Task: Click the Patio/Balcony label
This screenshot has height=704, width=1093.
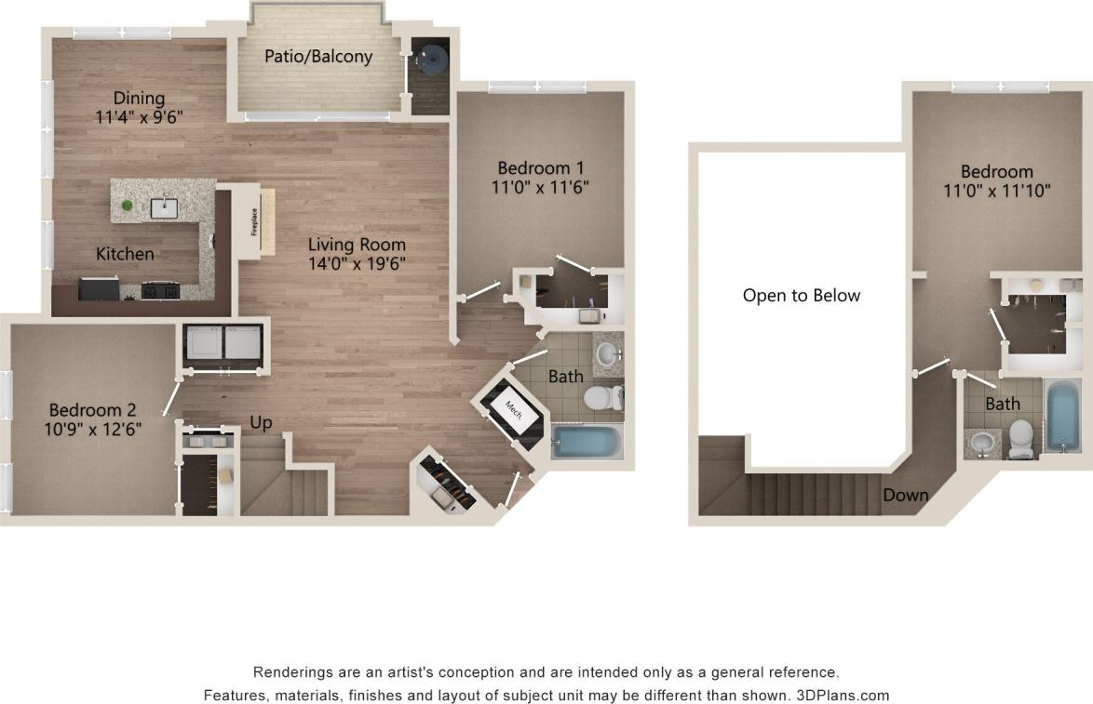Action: click(x=318, y=57)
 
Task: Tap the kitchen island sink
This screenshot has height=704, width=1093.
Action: click(x=164, y=206)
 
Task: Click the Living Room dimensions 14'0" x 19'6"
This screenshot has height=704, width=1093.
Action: click(x=358, y=263)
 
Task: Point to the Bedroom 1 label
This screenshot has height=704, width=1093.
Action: click(x=540, y=168)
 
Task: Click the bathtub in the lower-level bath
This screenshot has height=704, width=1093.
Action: click(x=586, y=441)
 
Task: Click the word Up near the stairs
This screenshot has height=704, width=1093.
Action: click(x=262, y=423)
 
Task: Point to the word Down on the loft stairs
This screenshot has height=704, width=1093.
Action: click(x=905, y=495)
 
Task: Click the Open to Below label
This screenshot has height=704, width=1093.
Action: click(x=802, y=296)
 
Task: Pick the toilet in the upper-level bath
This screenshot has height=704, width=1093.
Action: click(x=1021, y=438)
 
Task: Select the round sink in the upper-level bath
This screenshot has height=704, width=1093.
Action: click(x=981, y=442)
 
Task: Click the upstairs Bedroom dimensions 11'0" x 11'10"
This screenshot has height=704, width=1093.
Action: click(x=997, y=192)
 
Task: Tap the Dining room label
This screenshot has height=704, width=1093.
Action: click(x=139, y=99)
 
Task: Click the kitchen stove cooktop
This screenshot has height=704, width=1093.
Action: click(x=159, y=291)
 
